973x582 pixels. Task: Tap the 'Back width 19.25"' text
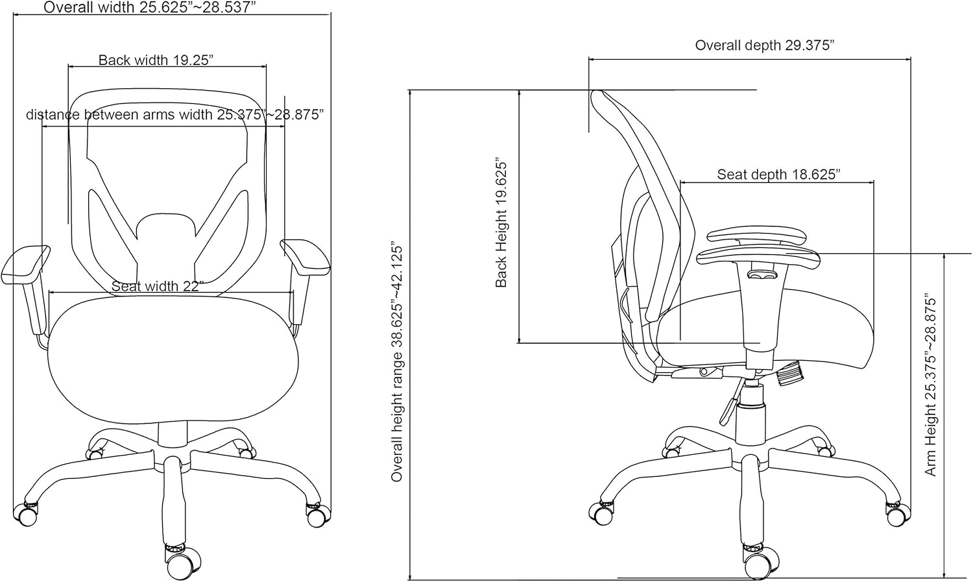pos(156,60)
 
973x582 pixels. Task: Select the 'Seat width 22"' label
pos(158,286)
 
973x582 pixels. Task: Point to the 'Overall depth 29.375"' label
pos(765,45)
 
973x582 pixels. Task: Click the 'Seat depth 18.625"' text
pos(779,174)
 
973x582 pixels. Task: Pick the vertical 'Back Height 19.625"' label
pos(501,224)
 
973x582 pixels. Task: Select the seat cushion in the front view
pos(173,358)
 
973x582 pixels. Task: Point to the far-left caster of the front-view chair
pos(25,515)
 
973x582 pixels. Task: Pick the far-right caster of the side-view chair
pos(896,515)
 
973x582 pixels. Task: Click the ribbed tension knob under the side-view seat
pos(789,374)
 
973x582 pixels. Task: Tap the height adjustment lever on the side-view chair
pos(730,402)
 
